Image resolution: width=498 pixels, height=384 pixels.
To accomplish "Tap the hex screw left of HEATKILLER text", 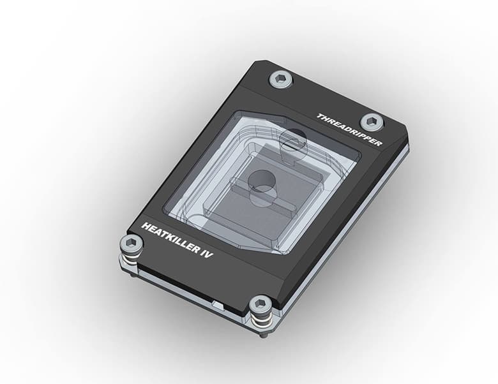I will [x=131, y=243].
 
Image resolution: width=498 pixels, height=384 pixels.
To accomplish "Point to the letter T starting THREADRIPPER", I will [x=319, y=115].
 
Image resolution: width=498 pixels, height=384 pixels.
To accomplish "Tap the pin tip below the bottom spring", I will [x=263, y=334].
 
